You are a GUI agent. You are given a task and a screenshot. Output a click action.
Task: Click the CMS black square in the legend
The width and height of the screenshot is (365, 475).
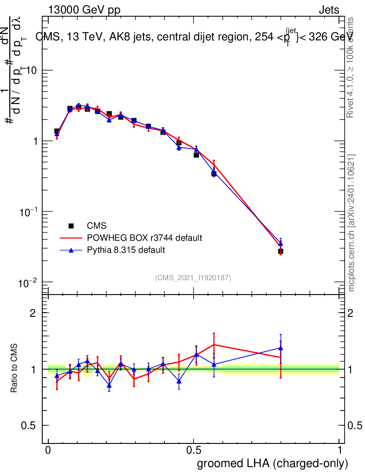[71, 226]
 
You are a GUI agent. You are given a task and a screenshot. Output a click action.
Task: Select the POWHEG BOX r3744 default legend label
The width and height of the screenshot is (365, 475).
[144, 238]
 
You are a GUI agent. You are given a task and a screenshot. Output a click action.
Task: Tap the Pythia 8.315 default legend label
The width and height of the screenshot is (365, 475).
[126, 250]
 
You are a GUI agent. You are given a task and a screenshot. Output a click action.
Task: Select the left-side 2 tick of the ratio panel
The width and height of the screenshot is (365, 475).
[33, 313]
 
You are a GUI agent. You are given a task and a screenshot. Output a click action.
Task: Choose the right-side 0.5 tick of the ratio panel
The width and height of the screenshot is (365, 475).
[354, 425]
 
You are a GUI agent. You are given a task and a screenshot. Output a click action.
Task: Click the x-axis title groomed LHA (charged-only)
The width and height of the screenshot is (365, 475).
[273, 463]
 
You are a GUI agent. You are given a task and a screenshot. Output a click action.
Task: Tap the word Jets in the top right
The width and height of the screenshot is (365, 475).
[329, 10]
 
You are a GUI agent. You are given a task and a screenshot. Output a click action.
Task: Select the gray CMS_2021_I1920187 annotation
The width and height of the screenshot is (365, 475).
[193, 277]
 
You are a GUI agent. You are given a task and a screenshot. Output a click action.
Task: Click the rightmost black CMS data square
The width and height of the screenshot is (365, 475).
[280, 251]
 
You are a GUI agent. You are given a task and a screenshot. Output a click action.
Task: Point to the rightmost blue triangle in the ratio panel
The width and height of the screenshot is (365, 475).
[280, 347]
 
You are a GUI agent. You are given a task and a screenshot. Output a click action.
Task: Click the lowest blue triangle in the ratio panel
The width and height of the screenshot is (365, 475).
[109, 385]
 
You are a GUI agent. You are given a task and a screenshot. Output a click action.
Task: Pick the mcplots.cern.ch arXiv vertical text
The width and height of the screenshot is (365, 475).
[352, 223]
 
